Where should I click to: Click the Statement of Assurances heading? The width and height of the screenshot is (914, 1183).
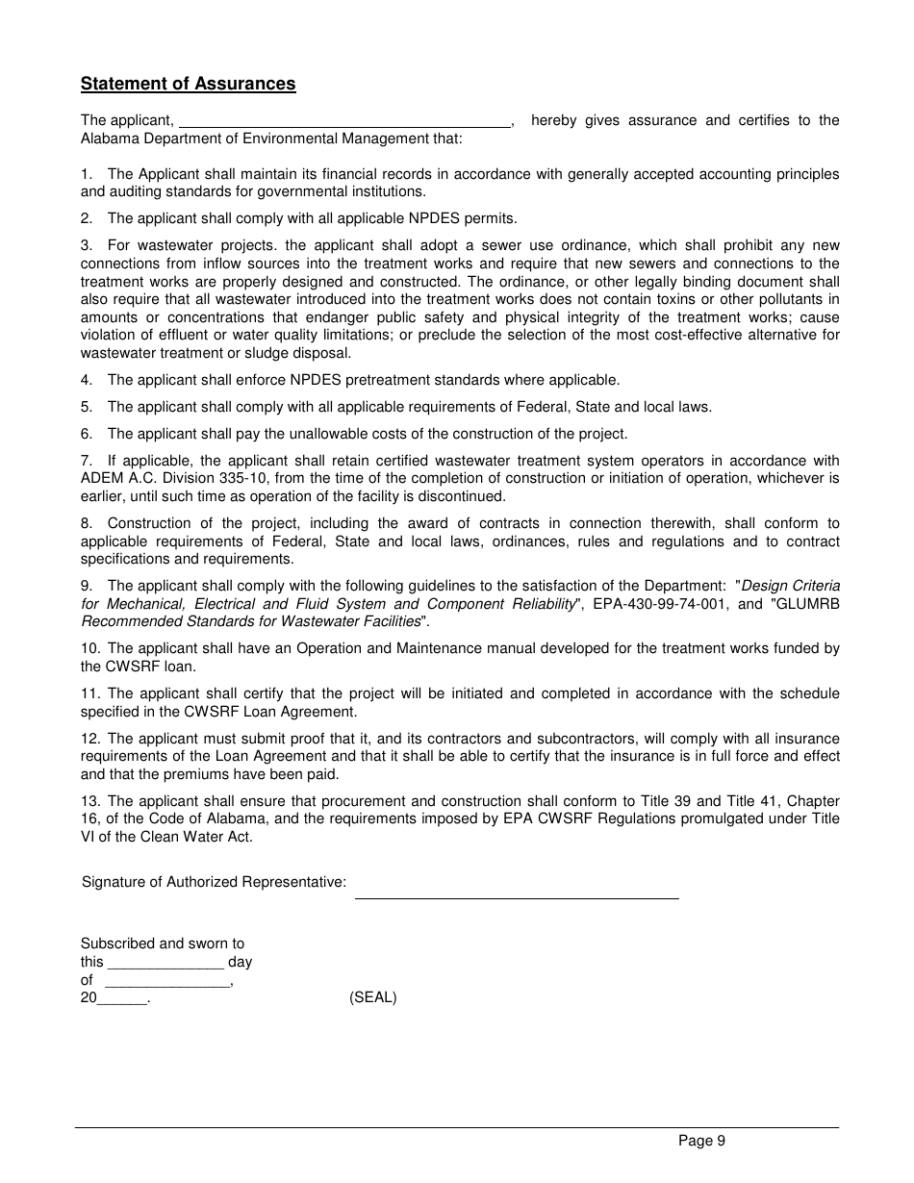pyautogui.click(x=188, y=84)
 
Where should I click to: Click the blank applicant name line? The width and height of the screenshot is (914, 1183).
pyautogui.click(x=345, y=122)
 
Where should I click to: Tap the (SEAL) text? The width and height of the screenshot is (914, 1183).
pyautogui.click(x=372, y=997)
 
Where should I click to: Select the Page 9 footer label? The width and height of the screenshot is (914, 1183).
pyautogui.click(x=701, y=1141)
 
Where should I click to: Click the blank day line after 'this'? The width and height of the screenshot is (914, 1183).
pyautogui.click(x=165, y=965)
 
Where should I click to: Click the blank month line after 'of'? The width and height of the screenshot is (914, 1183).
pyautogui.click(x=167, y=983)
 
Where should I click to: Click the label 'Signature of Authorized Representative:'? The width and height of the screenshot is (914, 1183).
pyautogui.click(x=214, y=882)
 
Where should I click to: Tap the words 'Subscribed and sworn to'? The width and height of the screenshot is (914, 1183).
pyautogui.click(x=163, y=944)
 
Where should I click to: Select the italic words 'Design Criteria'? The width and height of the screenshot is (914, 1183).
pyautogui.click(x=790, y=586)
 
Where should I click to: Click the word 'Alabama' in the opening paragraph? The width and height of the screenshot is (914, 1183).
pyautogui.click(x=107, y=138)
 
